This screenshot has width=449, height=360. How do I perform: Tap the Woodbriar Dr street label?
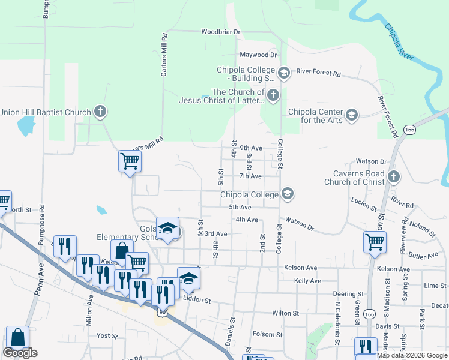220,31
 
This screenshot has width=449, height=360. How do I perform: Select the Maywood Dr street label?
258,55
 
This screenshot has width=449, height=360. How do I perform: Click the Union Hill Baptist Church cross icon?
100,111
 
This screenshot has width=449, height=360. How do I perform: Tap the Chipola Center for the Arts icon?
352,115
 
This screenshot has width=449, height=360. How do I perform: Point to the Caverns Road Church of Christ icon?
394,176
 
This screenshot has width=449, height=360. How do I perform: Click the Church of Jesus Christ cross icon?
273,95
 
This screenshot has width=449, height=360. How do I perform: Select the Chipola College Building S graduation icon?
284,73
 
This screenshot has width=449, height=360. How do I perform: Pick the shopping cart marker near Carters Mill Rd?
130,161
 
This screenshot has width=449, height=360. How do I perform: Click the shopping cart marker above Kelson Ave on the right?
375,242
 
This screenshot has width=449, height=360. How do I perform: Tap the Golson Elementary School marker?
168,229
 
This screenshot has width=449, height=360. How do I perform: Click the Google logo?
20,353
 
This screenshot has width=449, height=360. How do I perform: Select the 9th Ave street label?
251,148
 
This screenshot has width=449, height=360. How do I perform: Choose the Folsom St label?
268,334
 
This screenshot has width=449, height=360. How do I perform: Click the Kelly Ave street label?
307,281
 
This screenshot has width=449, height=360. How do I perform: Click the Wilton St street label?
285,313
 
